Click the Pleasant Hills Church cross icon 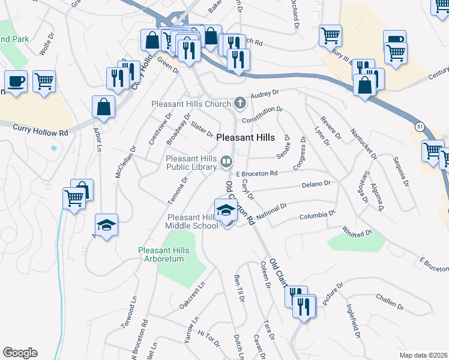240,103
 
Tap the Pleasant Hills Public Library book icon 226,160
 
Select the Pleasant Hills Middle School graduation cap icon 226,210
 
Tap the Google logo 20,352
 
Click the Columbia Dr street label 317,214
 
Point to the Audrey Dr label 266,94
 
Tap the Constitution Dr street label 262,115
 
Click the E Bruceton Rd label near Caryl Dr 256,173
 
